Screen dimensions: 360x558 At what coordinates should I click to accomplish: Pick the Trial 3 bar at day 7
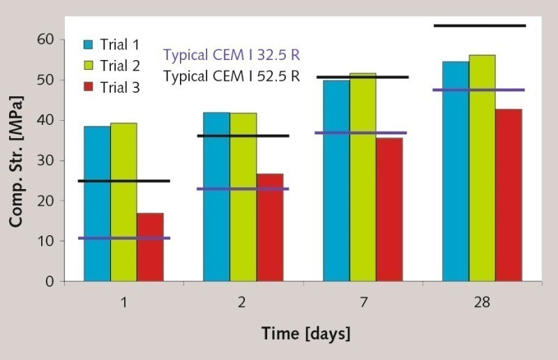389,209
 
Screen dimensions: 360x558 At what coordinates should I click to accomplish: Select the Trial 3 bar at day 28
508,195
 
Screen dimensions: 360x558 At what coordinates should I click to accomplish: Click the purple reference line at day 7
363,133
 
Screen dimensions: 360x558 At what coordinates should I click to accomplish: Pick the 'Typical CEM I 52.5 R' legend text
232,75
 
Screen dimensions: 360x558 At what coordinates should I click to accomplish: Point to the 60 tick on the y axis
46,40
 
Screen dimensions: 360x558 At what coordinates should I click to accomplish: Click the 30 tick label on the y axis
46,160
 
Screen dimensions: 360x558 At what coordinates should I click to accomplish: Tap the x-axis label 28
482,303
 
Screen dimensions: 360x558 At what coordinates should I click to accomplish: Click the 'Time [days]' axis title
306,333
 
